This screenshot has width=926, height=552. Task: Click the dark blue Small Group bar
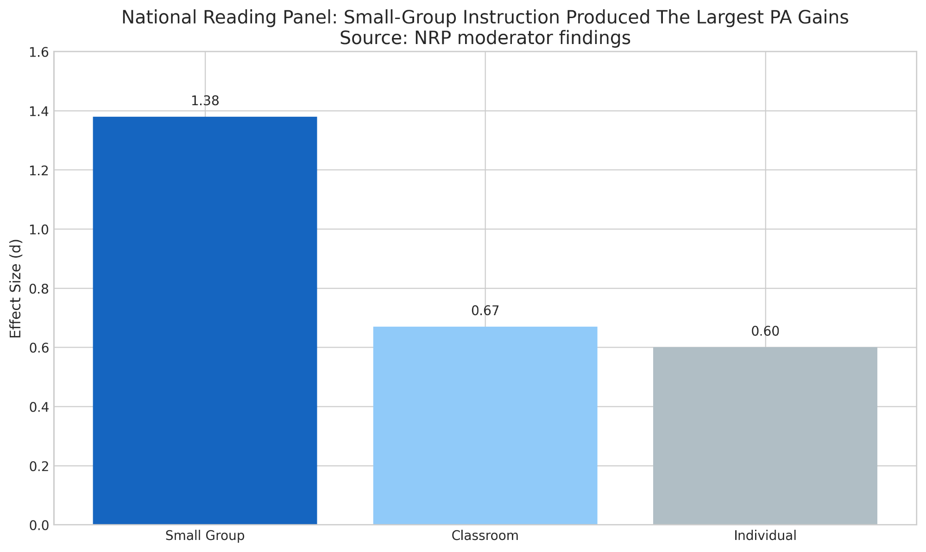[x=205, y=320]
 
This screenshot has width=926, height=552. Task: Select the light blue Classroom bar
[x=485, y=425]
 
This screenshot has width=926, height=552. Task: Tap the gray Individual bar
[x=765, y=436]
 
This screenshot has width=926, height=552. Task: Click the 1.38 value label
[x=205, y=101]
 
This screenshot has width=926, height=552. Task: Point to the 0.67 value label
[x=485, y=311]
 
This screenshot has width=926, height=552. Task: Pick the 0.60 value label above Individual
[x=765, y=332]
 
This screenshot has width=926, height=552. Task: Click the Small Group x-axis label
[x=205, y=536]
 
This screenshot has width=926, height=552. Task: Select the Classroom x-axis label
[x=485, y=536]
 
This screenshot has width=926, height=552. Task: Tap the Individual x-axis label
[x=765, y=536]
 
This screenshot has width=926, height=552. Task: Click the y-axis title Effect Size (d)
[x=16, y=288]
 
